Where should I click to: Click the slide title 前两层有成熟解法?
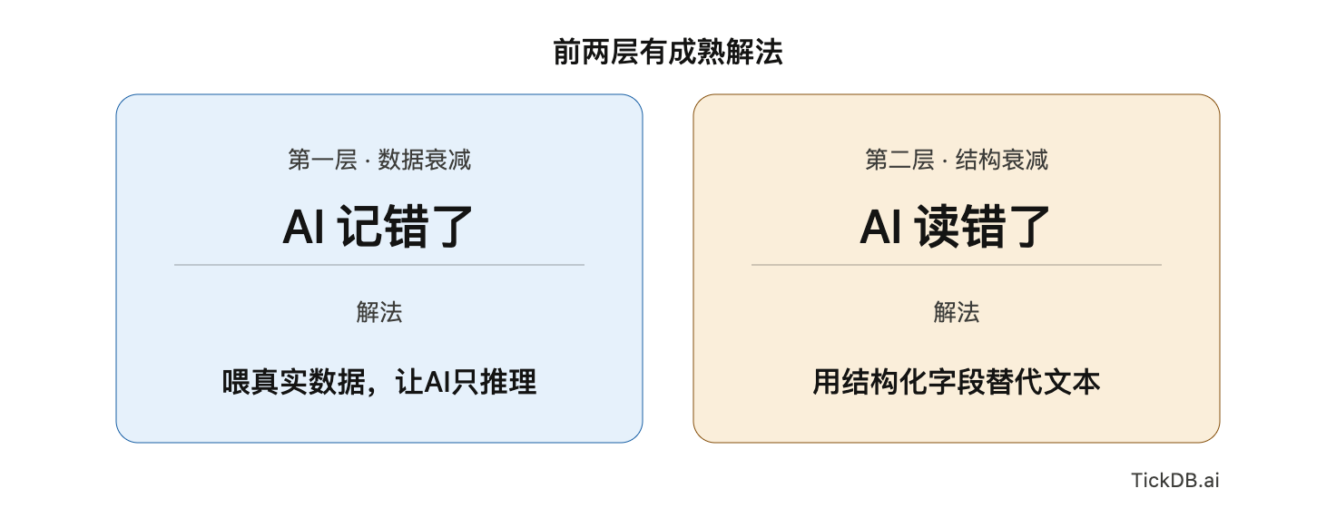click(667, 52)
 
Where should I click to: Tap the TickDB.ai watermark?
click(1175, 480)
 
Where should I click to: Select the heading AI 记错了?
click(378, 227)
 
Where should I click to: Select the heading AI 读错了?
click(955, 227)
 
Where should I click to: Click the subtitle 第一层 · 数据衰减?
click(379, 160)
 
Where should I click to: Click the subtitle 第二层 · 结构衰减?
click(956, 160)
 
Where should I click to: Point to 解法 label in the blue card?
click(379, 312)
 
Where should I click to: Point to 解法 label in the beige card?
click(956, 312)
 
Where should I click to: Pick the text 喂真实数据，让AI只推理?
click(379, 382)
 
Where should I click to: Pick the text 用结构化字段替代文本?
click(956, 382)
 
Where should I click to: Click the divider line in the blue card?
click(379, 265)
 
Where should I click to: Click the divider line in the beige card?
click(956, 265)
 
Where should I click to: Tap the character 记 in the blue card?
click(359, 227)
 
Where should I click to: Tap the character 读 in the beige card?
click(937, 227)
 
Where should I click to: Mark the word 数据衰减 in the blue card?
click(424, 160)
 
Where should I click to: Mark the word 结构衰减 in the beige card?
click(1001, 160)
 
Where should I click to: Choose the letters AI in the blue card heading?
click(303, 227)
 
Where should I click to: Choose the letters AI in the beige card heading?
click(881, 227)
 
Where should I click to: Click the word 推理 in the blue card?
click(508, 382)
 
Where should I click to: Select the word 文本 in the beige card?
click(1072, 382)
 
